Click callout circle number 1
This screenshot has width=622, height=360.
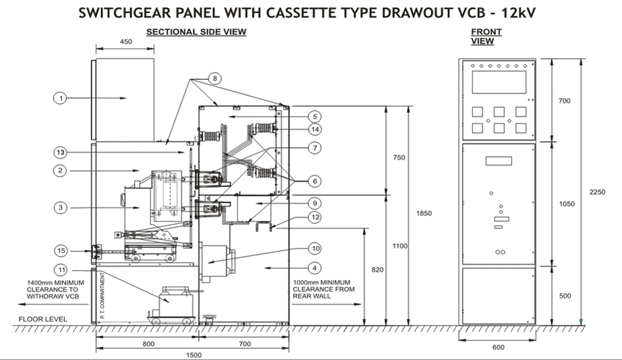coord(60,98)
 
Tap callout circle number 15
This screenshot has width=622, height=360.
coord(60,251)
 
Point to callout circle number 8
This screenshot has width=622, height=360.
coord(214,78)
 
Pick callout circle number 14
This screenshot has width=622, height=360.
coord(314,129)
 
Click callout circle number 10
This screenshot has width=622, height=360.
coord(314,248)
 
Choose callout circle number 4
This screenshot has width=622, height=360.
coord(314,268)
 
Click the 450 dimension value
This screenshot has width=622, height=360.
coord(126,41)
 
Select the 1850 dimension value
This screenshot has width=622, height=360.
coord(423,213)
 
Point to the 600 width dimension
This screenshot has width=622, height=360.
coord(498,347)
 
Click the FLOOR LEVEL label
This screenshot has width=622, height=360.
coord(40,319)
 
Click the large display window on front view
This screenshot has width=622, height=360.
coord(498,82)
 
